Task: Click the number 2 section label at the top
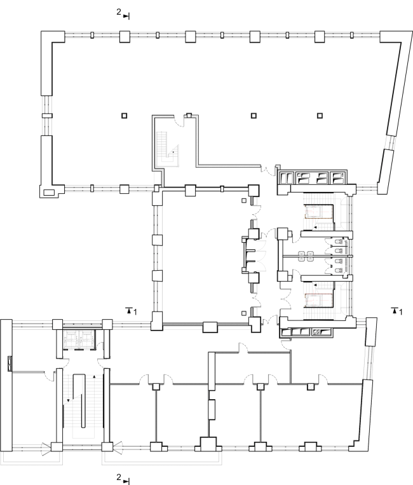[119, 12]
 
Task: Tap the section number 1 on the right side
[401, 312]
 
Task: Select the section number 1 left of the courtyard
[135, 312]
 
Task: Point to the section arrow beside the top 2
[126, 17]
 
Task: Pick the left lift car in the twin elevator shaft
[71, 338]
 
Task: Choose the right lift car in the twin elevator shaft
[88, 338]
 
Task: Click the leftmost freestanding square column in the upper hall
[125, 116]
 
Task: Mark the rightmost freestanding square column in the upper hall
[320, 116]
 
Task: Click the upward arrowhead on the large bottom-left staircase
[94, 377]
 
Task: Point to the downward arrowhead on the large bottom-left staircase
[68, 400]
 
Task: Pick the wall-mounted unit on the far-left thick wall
[10, 364]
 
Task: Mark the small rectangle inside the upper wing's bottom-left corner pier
[49, 193]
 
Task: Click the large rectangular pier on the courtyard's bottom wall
[210, 327]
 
